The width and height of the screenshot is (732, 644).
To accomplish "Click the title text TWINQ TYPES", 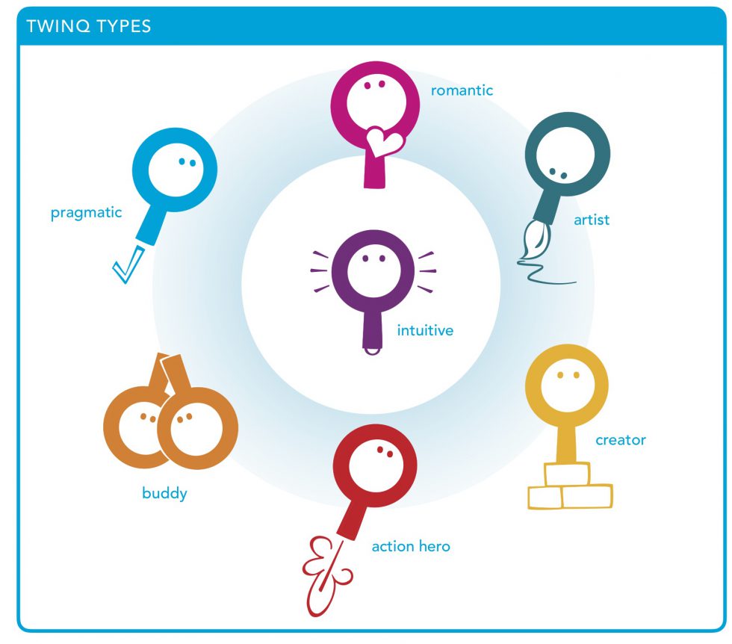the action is pyautogui.click(x=89, y=26).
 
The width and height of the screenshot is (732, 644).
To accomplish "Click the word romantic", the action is pyautogui.click(x=462, y=90).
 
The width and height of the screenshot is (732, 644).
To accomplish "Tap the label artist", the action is pyautogui.click(x=592, y=220).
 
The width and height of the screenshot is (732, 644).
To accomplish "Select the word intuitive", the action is pyautogui.click(x=425, y=330).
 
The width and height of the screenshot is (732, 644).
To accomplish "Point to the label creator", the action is pyautogui.click(x=621, y=440).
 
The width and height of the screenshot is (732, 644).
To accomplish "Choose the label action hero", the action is pyautogui.click(x=411, y=546).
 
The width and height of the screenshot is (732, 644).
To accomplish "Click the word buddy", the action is pyautogui.click(x=164, y=494).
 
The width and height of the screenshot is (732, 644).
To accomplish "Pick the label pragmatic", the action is pyautogui.click(x=87, y=214).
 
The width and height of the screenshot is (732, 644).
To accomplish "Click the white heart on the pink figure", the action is pyautogui.click(x=384, y=141).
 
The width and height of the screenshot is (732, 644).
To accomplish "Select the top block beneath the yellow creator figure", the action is pyautogui.click(x=567, y=474).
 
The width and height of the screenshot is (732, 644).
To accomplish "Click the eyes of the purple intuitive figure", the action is pyautogui.click(x=374, y=258).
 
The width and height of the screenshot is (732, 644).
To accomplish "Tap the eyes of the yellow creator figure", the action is pyautogui.click(x=568, y=375).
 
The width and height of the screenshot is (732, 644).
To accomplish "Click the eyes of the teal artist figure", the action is pyautogui.click(x=558, y=173).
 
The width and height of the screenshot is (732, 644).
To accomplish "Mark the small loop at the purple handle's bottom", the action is pyautogui.click(x=372, y=351).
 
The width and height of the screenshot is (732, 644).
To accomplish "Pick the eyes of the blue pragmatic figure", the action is pyautogui.click(x=187, y=162).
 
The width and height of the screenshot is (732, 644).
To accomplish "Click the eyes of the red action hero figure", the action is pyautogui.click(x=385, y=451).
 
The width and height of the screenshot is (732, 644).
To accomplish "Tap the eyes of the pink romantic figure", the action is pyautogui.click(x=374, y=84).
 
